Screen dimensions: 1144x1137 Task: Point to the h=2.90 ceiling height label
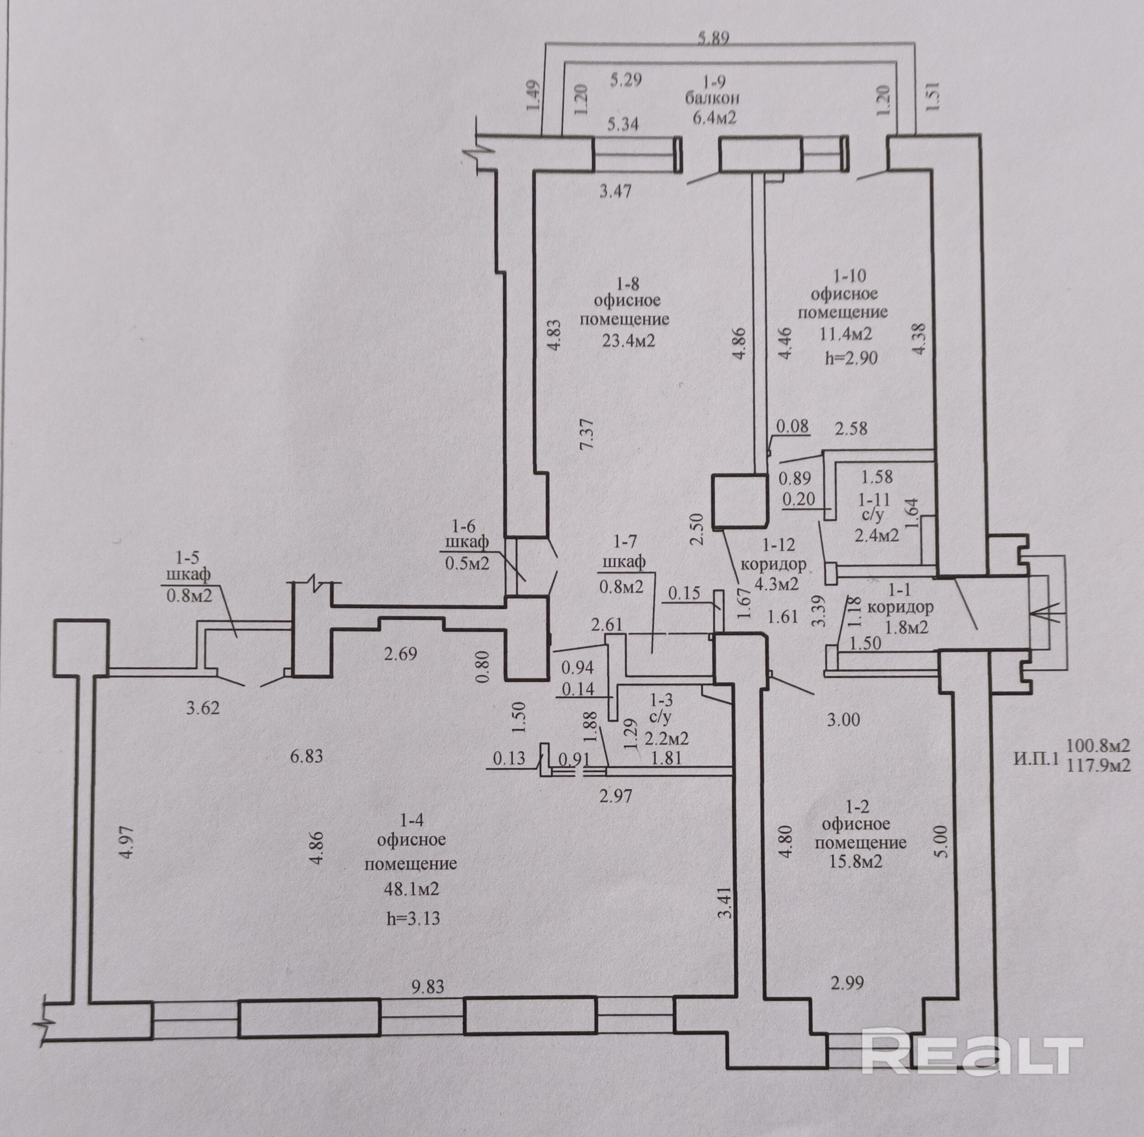[x=851, y=357]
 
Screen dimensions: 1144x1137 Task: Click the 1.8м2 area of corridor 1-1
[x=905, y=626]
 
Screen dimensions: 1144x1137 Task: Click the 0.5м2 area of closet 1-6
[x=467, y=563]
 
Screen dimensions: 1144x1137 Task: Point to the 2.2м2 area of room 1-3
[x=666, y=739]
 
